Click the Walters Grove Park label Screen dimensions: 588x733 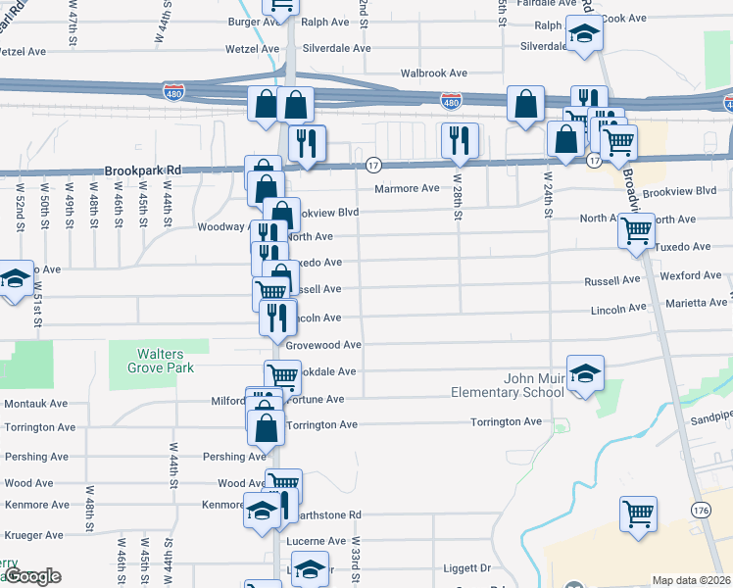[160, 361]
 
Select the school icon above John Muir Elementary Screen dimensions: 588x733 [586, 373]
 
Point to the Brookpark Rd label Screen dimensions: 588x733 [140, 170]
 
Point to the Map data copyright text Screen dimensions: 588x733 [692, 579]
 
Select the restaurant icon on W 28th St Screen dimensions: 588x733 [459, 140]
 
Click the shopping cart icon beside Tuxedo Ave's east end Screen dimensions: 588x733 [636, 231]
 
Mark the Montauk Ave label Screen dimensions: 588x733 [35, 403]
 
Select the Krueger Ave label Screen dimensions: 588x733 [33, 535]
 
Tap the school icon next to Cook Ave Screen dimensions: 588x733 [584, 34]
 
